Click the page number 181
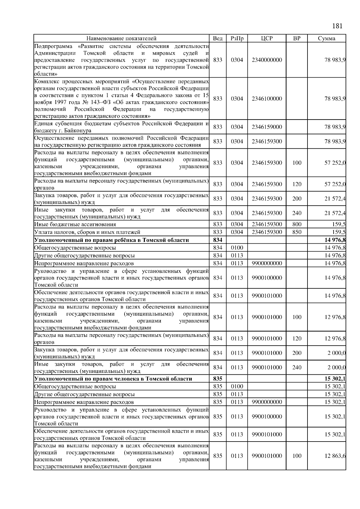[x=337, y=26]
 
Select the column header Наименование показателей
[x=121, y=38]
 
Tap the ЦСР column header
[x=267, y=38]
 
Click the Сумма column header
[x=326, y=38]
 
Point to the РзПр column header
[x=237, y=38]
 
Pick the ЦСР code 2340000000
[x=267, y=60]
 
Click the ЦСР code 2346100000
[x=267, y=99]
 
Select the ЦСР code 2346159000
[x=267, y=127]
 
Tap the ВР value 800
[x=296, y=224]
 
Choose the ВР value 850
[x=296, y=232]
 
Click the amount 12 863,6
[x=335, y=456]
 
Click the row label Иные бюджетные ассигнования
[x=75, y=225]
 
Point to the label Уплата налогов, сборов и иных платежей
[x=87, y=232]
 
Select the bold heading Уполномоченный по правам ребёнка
[x=112, y=240]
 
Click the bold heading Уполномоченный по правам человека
[x=113, y=379]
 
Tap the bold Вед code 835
[x=217, y=379]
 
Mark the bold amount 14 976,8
[x=335, y=240]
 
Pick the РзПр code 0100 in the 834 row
[x=237, y=248]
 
